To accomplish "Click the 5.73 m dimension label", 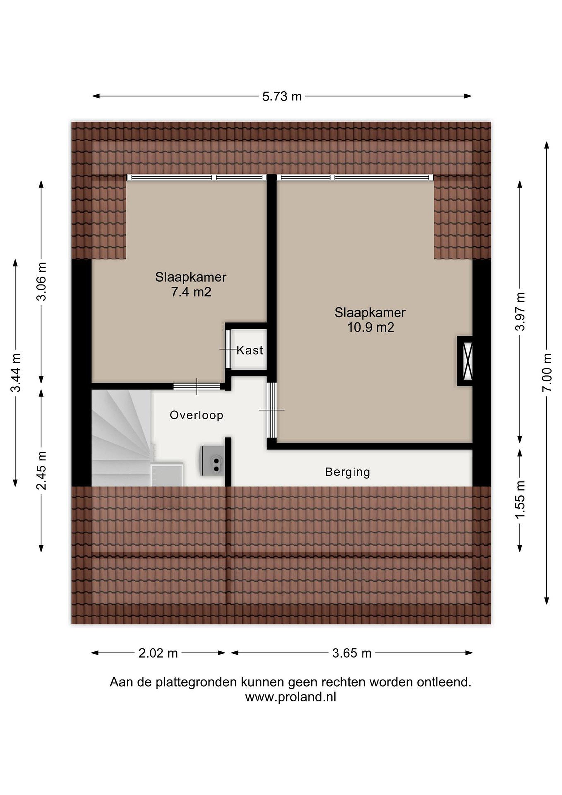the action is click(x=282, y=96).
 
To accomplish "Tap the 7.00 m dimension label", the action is click(x=547, y=373).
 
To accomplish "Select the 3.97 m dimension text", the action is click(x=520, y=311).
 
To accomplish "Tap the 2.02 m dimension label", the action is click(x=158, y=653).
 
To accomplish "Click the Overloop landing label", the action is click(x=196, y=415).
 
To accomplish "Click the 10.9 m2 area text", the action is click(x=371, y=327).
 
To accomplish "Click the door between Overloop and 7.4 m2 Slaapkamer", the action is click(x=197, y=386).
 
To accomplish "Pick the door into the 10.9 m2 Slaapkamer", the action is click(x=272, y=410).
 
